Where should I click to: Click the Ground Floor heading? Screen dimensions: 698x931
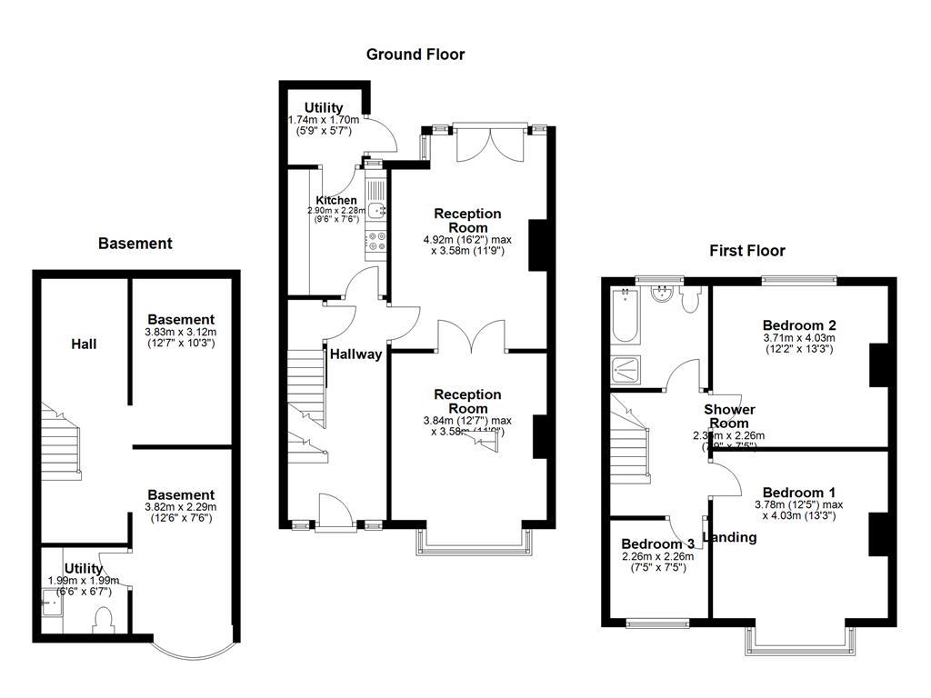[x=415, y=55]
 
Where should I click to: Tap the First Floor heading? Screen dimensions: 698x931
[x=747, y=251]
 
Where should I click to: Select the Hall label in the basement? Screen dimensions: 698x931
[x=85, y=344]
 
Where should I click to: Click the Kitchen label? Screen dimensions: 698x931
[x=336, y=201]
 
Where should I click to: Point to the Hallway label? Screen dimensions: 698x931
[x=355, y=354]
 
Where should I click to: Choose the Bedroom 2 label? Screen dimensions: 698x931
[x=799, y=325]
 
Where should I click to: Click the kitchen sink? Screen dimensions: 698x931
[x=376, y=211]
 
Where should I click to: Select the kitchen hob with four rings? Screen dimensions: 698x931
[x=376, y=241]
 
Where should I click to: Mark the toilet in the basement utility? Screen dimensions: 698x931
[x=103, y=620]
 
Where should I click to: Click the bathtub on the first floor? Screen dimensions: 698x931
[x=625, y=314]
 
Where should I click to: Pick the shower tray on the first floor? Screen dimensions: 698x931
[x=625, y=367]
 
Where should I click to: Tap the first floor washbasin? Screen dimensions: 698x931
[x=664, y=294]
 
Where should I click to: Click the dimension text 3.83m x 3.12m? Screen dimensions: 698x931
[x=181, y=332]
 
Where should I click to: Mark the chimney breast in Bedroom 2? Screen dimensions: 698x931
[x=878, y=364]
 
